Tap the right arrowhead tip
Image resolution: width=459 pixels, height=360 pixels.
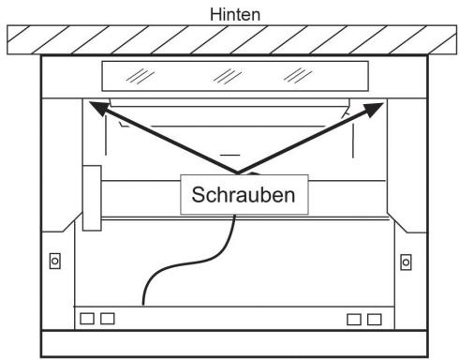click(x=383, y=103)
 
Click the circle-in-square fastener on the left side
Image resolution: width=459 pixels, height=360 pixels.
click(x=54, y=260)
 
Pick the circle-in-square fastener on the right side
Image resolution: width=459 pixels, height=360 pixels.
click(x=405, y=260)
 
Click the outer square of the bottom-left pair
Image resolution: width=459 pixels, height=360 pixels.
click(x=87, y=319)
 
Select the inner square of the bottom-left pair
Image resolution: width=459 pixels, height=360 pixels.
click(x=108, y=319)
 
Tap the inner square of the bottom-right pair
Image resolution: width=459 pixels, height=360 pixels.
click(x=354, y=319)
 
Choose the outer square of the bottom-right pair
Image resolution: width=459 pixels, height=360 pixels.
click(x=375, y=319)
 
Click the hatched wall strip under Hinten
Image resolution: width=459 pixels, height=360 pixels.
click(x=229, y=39)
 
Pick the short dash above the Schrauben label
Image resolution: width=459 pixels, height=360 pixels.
click(x=230, y=151)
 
